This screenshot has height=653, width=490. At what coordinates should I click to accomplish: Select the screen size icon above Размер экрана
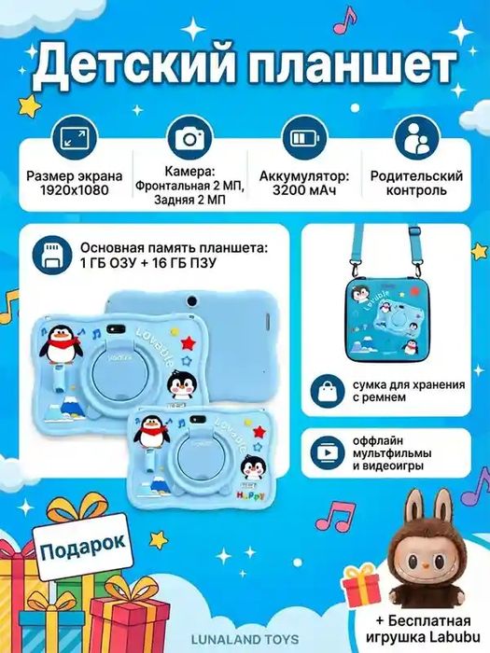[x=72, y=138]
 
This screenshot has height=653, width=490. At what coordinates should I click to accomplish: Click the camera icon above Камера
[x=191, y=138]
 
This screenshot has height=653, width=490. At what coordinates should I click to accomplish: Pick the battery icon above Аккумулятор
[x=304, y=138]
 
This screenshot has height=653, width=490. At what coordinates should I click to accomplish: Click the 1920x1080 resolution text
[x=74, y=189]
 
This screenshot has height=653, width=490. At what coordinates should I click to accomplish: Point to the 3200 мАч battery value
[x=304, y=189]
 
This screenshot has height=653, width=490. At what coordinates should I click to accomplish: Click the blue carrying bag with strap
[x=384, y=318]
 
